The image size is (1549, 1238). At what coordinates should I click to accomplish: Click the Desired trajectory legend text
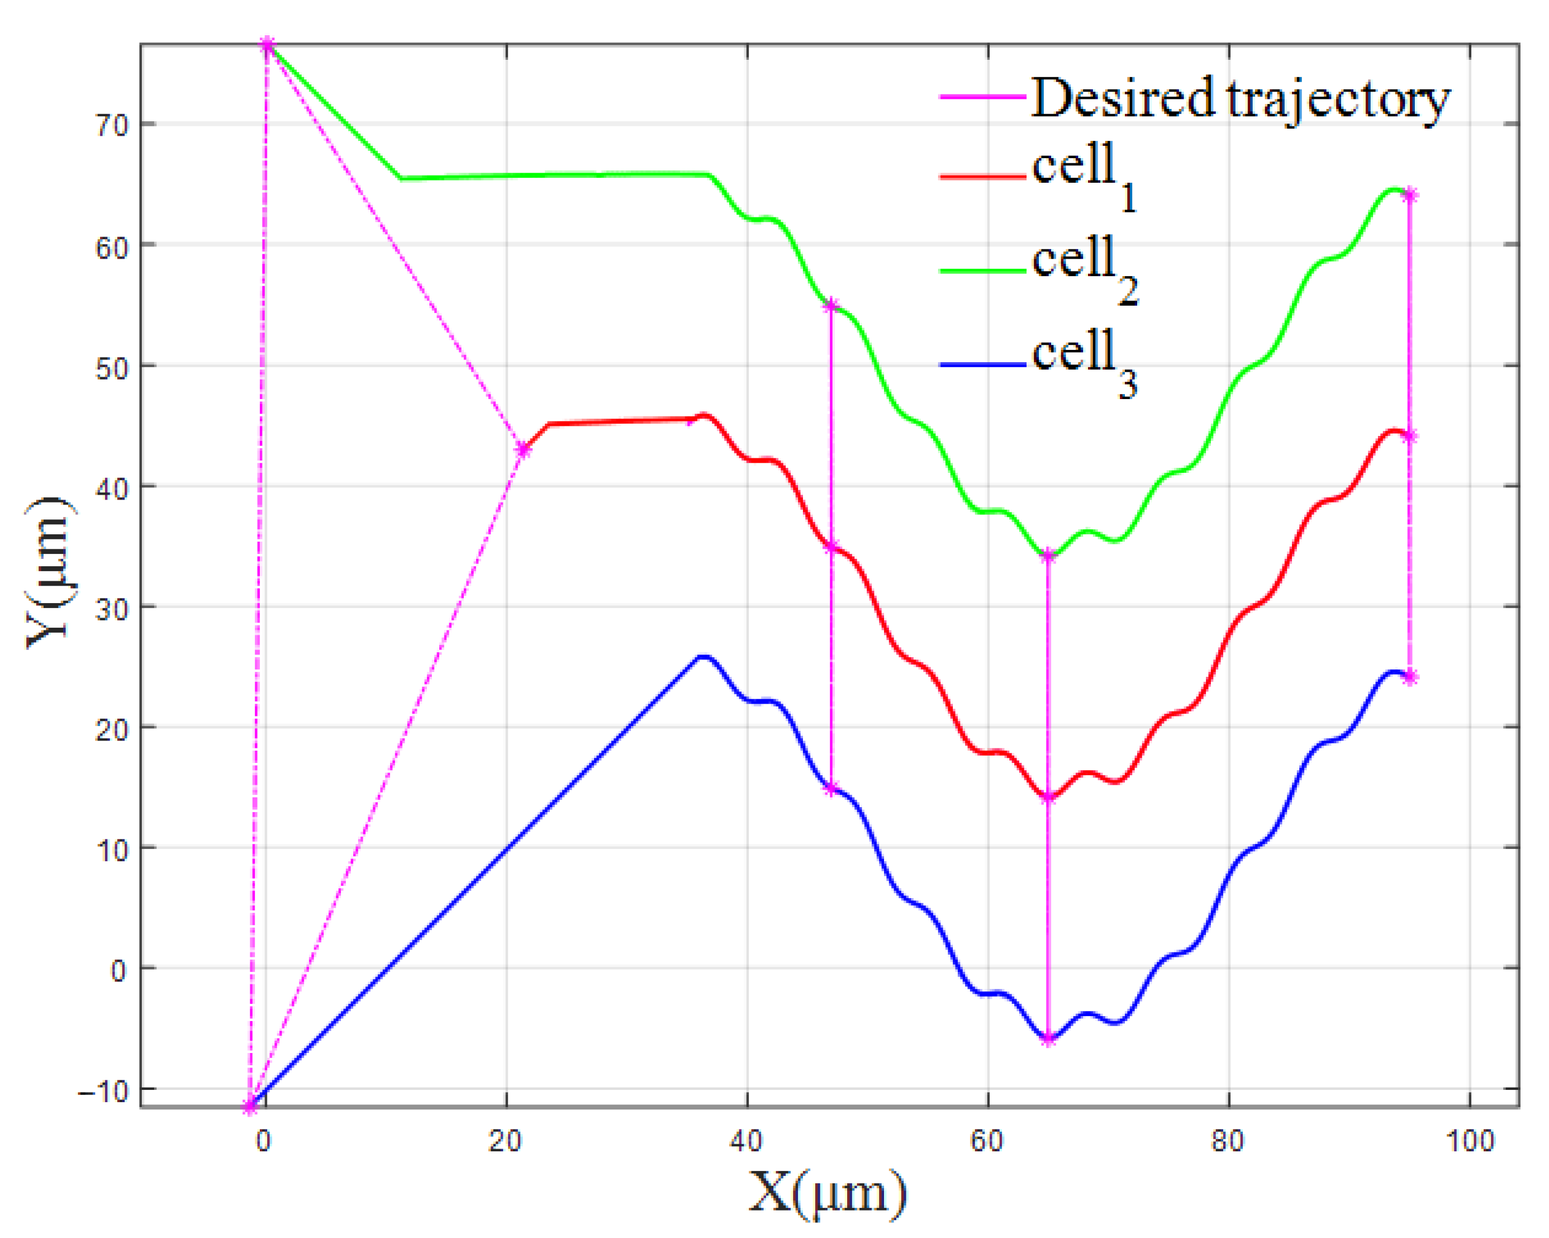[x=1240, y=99]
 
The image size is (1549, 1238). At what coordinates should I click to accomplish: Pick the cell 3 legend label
[x=1084, y=363]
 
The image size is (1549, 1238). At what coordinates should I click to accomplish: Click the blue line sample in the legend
[x=982, y=366]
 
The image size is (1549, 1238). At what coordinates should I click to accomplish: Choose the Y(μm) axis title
[x=49, y=573]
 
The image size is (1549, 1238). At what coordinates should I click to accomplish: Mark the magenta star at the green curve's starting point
[x=267, y=45]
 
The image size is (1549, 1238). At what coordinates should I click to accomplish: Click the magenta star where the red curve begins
[x=523, y=450]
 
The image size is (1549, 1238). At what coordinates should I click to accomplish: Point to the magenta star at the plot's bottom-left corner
[x=249, y=1107]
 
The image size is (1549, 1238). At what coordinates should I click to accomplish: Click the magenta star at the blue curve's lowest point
[x=1048, y=1039]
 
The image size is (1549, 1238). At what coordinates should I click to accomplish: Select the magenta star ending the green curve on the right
[x=1410, y=195]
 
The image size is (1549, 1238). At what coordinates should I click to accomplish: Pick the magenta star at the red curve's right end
[x=1410, y=436]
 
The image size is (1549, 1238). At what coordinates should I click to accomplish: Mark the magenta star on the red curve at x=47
[x=831, y=548]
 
